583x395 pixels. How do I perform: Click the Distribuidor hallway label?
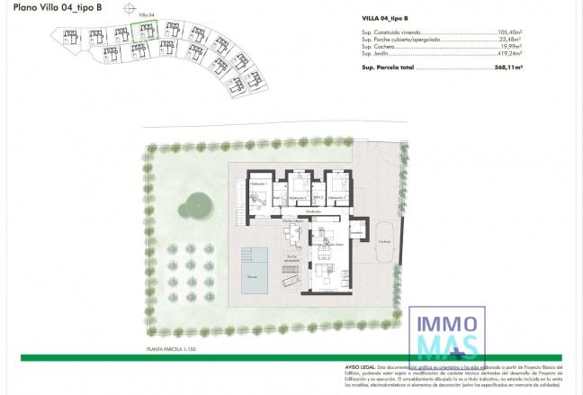tap(313, 211)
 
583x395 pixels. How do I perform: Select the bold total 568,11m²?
tap(508, 67)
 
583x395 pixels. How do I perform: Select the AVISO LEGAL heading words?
tap(359, 367)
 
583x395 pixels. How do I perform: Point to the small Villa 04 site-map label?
tap(146, 15)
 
